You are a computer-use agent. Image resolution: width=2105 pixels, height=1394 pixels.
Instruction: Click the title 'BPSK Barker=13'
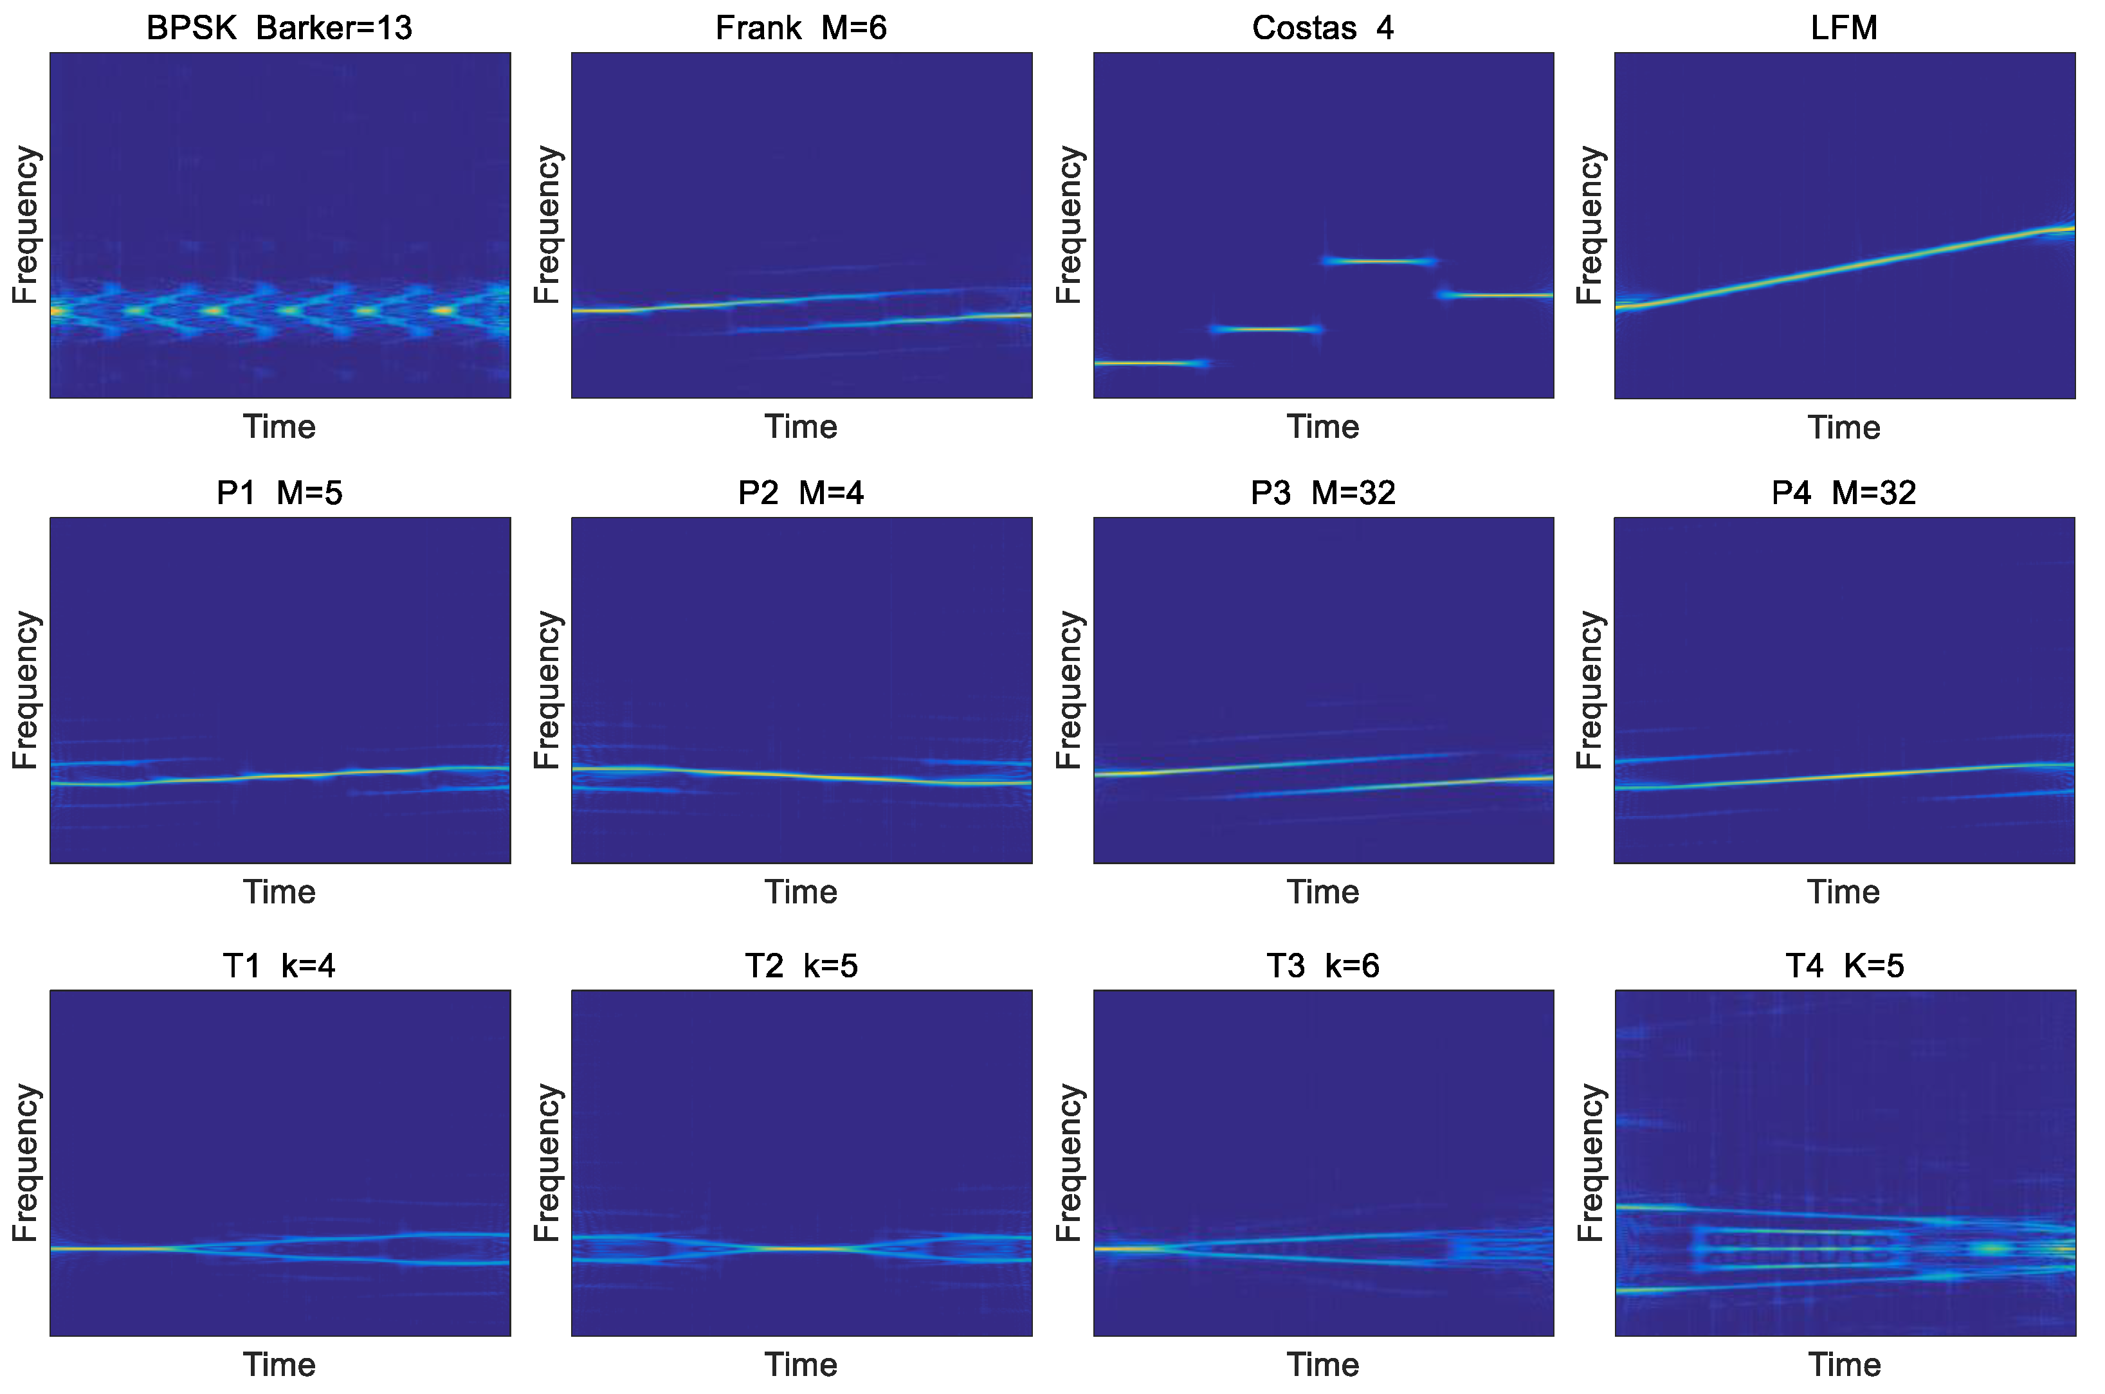[x=279, y=28]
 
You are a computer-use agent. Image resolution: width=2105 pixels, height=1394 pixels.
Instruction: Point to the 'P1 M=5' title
[x=279, y=493]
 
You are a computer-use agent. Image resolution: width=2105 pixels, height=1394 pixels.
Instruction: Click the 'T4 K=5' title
[x=1845, y=966]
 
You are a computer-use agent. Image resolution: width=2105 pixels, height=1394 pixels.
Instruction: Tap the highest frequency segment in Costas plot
[x=1378, y=261]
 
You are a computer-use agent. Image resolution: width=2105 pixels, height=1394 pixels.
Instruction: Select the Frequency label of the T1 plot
[x=25, y=1163]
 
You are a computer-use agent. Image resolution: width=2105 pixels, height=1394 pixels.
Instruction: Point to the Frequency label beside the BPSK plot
[x=25, y=225]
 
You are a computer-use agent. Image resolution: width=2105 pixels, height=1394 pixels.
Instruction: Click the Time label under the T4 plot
[x=1845, y=1364]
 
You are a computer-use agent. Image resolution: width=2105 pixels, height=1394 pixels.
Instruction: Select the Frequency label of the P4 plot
[x=1589, y=690]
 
